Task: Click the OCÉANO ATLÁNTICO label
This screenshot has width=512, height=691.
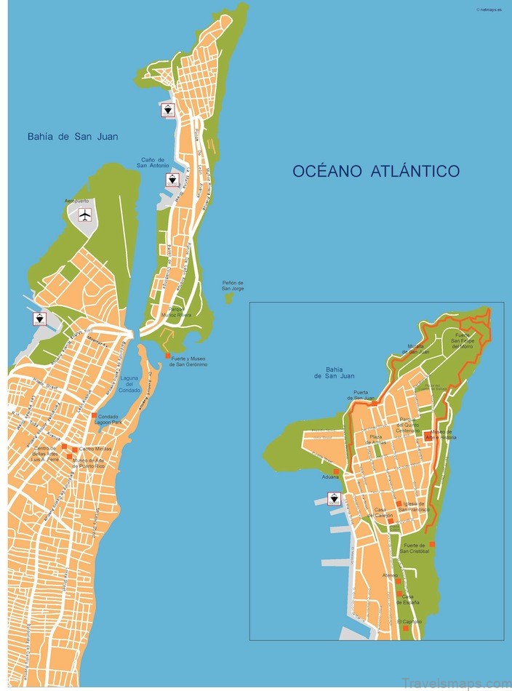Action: tap(376, 172)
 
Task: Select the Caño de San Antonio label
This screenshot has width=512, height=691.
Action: tap(152, 163)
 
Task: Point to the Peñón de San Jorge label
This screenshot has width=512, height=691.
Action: tap(233, 286)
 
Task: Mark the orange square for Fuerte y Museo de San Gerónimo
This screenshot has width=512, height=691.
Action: tap(168, 356)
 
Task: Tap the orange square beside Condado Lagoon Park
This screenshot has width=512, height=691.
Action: tap(94, 416)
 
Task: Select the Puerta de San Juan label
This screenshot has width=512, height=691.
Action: tap(364, 396)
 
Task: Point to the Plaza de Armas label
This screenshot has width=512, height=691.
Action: tap(375, 439)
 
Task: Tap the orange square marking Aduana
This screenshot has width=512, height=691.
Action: tap(336, 471)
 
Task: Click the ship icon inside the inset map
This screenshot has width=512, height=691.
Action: tap(334, 498)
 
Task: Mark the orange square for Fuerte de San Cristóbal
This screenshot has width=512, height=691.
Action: tap(432, 543)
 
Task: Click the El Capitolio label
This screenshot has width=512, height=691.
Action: tap(409, 622)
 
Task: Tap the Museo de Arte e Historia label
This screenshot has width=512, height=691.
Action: tap(443, 434)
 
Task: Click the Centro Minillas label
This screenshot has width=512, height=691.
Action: tap(95, 449)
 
